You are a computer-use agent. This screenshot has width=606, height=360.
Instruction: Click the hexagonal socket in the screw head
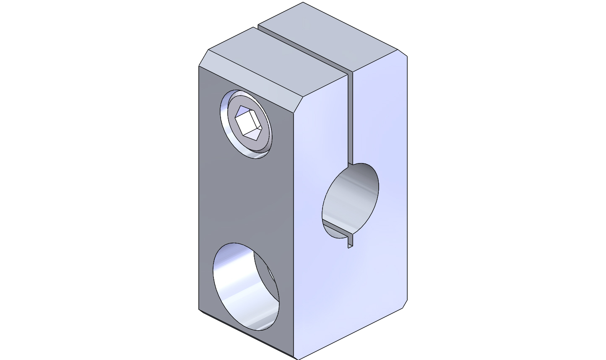[x=248, y=123]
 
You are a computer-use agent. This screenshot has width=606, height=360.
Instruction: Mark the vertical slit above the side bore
[x=350, y=117]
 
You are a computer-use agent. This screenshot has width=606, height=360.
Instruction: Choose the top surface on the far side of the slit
[x=331, y=36]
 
